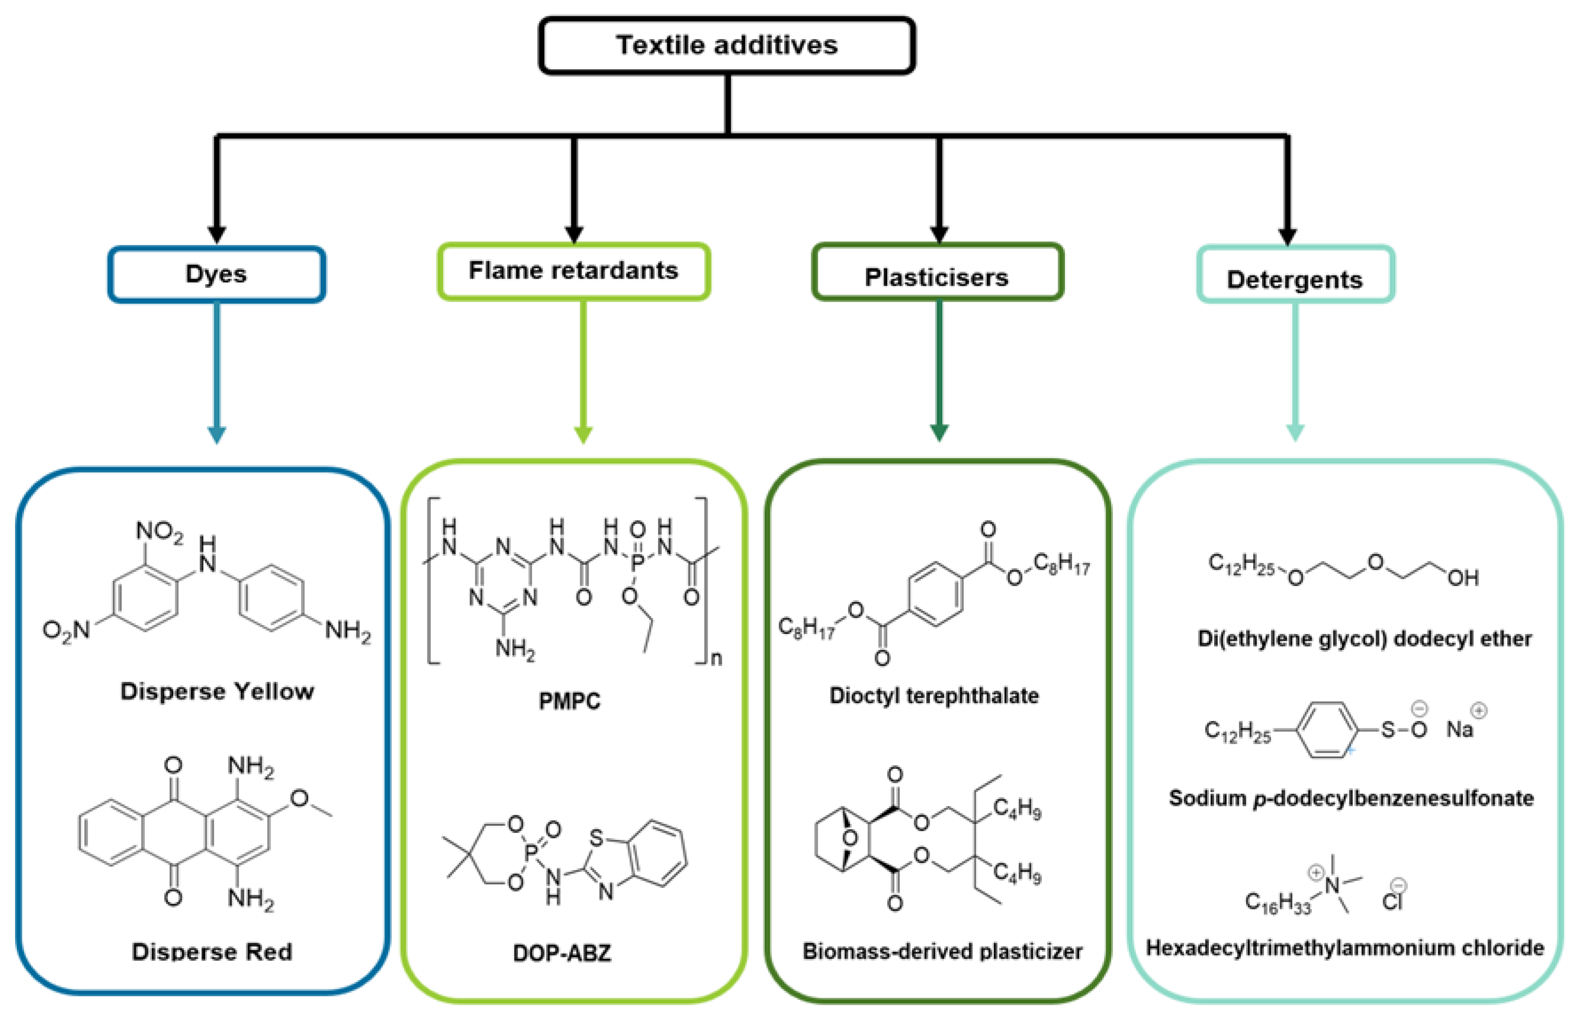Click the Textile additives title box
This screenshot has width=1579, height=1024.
tap(727, 45)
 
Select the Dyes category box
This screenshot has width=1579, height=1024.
tap(216, 274)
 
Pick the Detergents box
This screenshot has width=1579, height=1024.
tap(1294, 279)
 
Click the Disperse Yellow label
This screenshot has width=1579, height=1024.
tap(217, 691)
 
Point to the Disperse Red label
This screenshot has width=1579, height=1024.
tap(212, 952)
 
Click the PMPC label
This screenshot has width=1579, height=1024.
tap(569, 701)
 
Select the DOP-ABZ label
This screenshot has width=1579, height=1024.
tap(562, 953)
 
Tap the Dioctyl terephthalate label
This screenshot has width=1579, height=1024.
tap(934, 696)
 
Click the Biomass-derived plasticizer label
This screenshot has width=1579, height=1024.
tap(942, 952)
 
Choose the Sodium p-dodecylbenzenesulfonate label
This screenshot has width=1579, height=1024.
tap(1351, 798)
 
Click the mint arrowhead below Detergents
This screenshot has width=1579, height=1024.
tap(1295, 433)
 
